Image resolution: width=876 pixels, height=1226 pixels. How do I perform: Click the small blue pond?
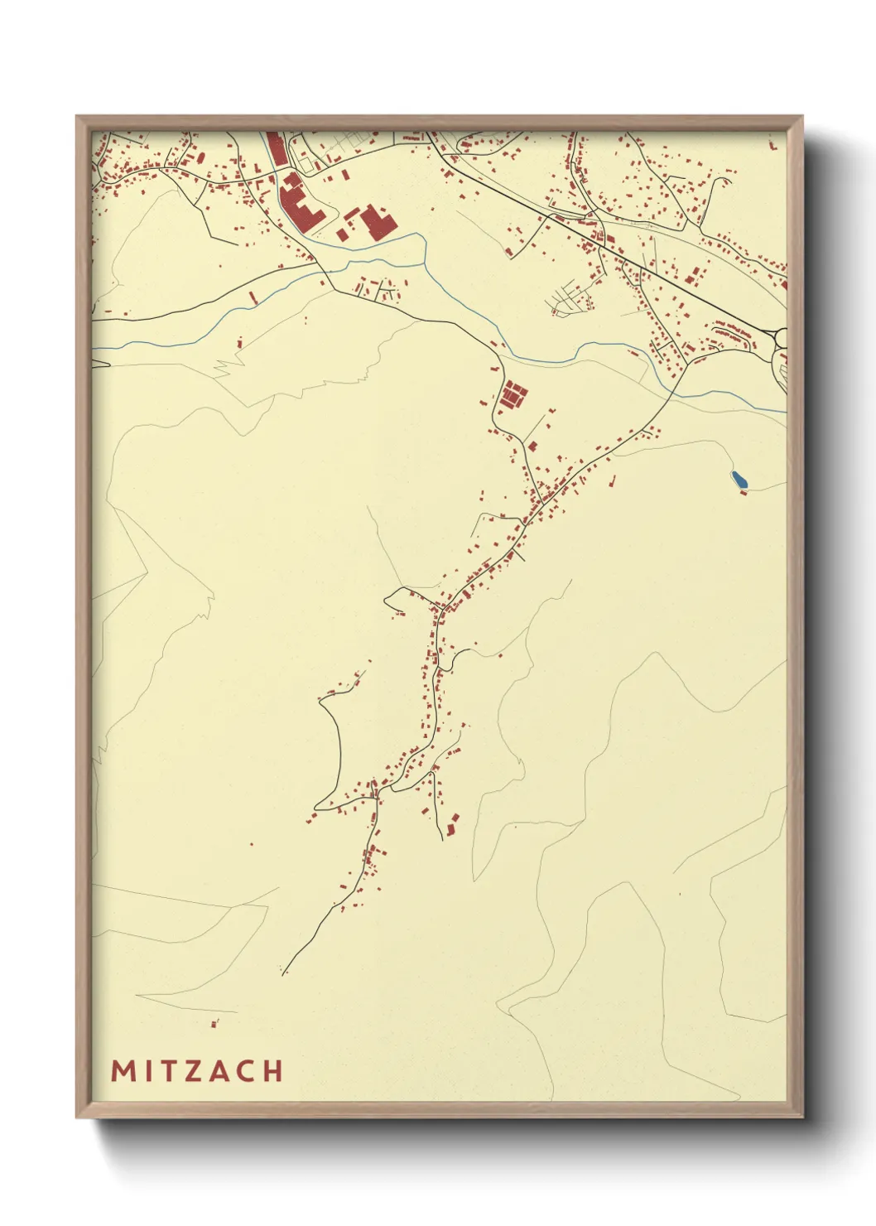point(738,479)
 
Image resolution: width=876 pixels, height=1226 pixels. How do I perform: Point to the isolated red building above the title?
point(214,1024)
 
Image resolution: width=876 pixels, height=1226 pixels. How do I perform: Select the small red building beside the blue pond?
point(743,493)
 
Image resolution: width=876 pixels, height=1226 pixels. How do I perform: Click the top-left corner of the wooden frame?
point(77,117)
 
